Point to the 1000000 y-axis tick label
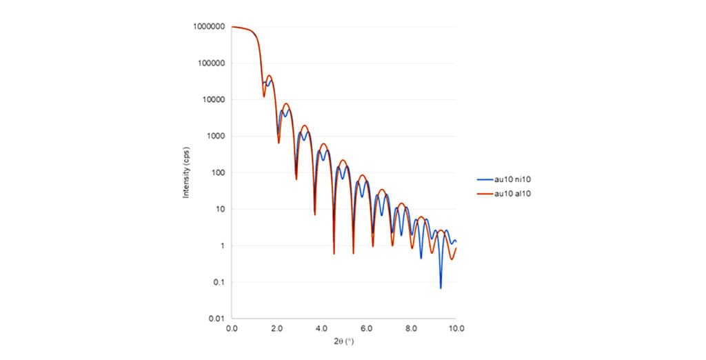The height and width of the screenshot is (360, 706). click(x=210, y=27)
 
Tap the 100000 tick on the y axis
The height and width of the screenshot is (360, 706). click(x=211, y=63)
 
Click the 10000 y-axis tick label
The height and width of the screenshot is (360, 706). click(x=213, y=99)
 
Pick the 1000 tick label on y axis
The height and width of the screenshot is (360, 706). click(x=215, y=136)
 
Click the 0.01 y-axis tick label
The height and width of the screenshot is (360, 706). click(x=217, y=319)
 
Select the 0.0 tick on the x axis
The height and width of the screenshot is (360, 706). click(x=232, y=328)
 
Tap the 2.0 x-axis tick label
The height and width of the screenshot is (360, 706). click(x=276, y=328)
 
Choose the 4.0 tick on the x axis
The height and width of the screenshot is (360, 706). click(x=321, y=328)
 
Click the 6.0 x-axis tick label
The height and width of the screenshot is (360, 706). click(x=366, y=328)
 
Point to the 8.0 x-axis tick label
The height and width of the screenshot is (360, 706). click(x=411, y=328)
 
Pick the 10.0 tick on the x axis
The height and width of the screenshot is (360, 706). click(x=456, y=328)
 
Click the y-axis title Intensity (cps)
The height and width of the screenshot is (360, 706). click(x=186, y=172)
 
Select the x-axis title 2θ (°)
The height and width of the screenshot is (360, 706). click(x=344, y=341)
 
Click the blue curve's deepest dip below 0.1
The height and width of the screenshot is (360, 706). click(x=441, y=288)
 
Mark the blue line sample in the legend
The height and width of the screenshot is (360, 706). click(x=485, y=179)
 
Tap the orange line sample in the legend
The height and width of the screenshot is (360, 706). click(x=485, y=194)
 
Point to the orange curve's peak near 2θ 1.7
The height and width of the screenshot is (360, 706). click(x=270, y=76)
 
